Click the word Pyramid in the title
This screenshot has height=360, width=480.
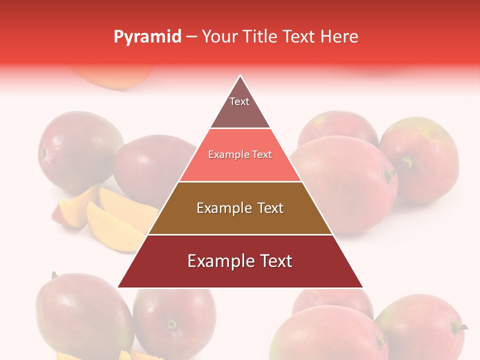147,37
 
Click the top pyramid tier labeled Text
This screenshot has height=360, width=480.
240,107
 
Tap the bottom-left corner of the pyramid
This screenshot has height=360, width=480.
119,287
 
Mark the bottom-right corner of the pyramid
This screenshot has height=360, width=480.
362,287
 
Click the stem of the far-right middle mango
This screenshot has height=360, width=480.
407,161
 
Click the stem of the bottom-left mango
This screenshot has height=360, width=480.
54,275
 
